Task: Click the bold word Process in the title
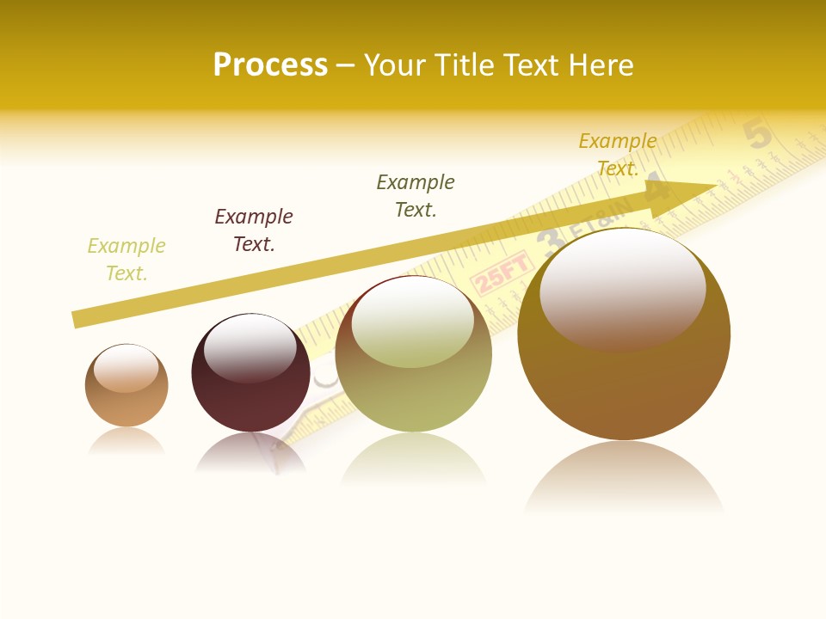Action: coord(270,65)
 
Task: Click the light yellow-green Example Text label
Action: coord(126,260)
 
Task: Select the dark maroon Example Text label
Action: coord(254,230)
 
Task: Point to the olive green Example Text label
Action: coord(416,196)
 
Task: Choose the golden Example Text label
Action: coord(618,155)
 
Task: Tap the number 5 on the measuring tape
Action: coord(757,135)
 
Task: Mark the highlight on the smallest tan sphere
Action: coord(126,367)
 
